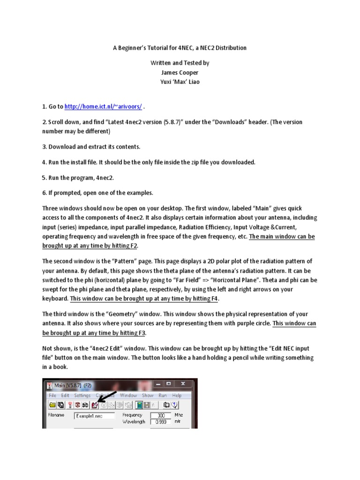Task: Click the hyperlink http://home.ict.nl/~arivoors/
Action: (x=103, y=106)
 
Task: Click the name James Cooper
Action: (x=180, y=72)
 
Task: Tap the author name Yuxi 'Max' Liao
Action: (x=180, y=82)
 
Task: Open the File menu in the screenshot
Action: (x=52, y=395)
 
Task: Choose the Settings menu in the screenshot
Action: (x=82, y=395)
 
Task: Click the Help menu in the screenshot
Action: (x=177, y=395)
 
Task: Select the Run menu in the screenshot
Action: (x=163, y=395)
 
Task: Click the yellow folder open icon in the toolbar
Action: (x=52, y=405)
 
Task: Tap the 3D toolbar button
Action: (x=85, y=405)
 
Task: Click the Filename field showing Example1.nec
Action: (x=94, y=416)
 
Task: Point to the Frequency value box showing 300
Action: (x=161, y=415)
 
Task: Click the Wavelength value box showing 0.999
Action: (x=161, y=421)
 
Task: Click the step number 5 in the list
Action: (x=45, y=178)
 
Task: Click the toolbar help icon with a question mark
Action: (x=174, y=405)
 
